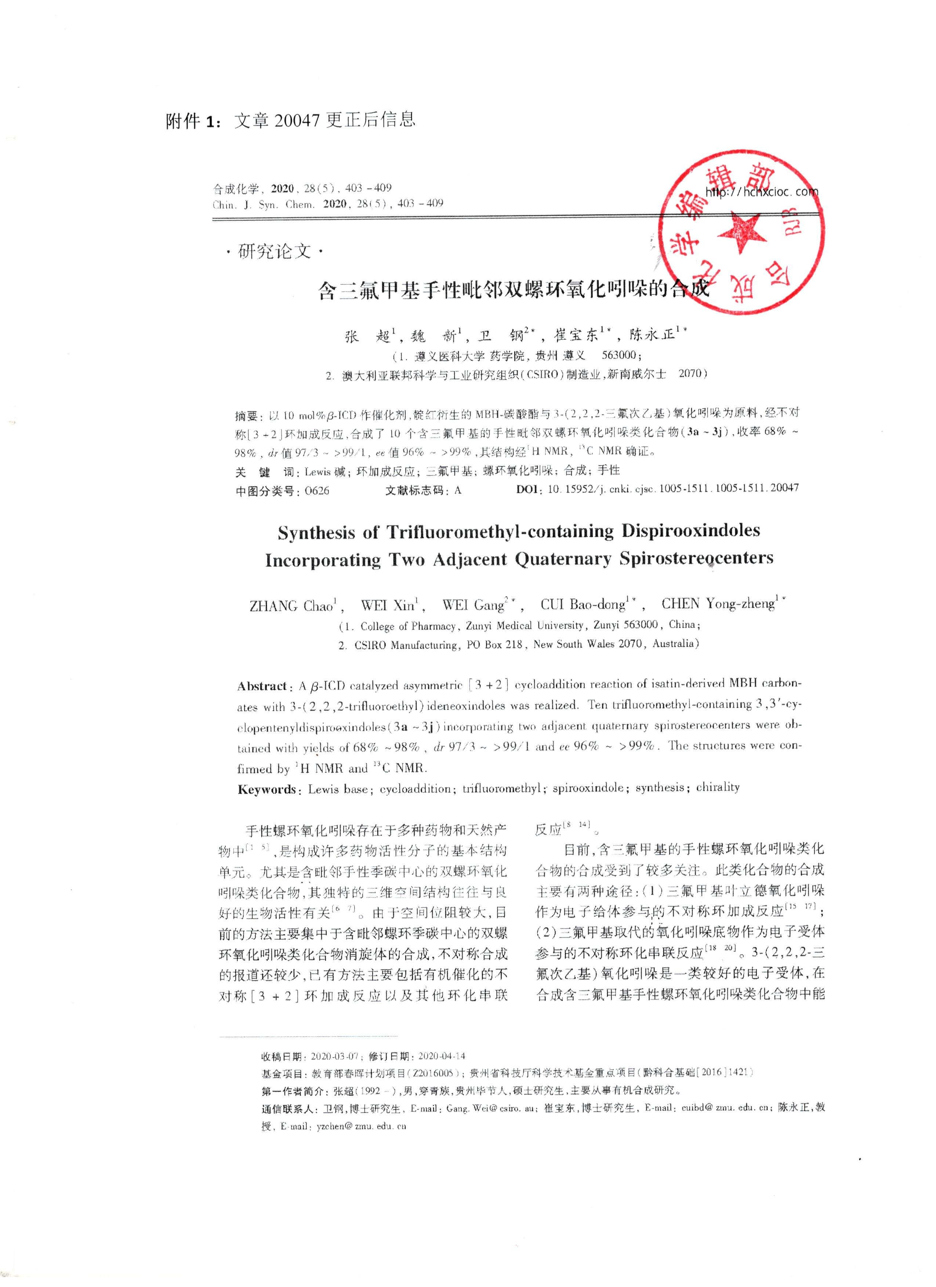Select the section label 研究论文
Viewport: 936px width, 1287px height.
pos(275,251)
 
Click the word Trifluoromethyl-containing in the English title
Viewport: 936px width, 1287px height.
pos(500,532)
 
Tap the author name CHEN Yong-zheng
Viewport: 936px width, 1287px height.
pos(718,603)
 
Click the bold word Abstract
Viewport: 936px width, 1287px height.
pos(262,686)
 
